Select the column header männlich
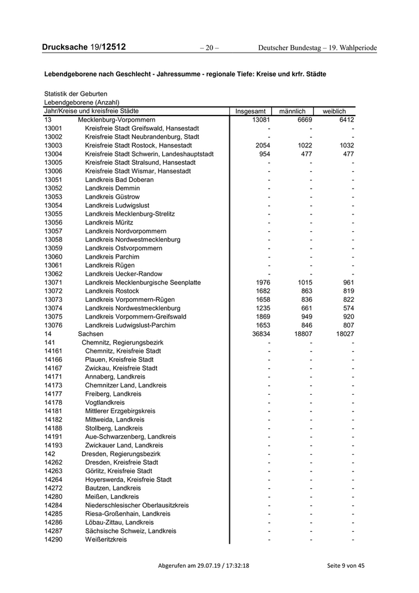pyautogui.click(x=292, y=111)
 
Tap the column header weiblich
pyautogui.click(x=334, y=111)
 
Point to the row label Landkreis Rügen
pyautogui.click(x=110, y=265)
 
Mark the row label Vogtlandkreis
pyautogui.click(x=105, y=403)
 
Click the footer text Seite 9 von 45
pyautogui.click(x=345, y=566)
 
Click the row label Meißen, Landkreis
pyautogui.click(x=112, y=497)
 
